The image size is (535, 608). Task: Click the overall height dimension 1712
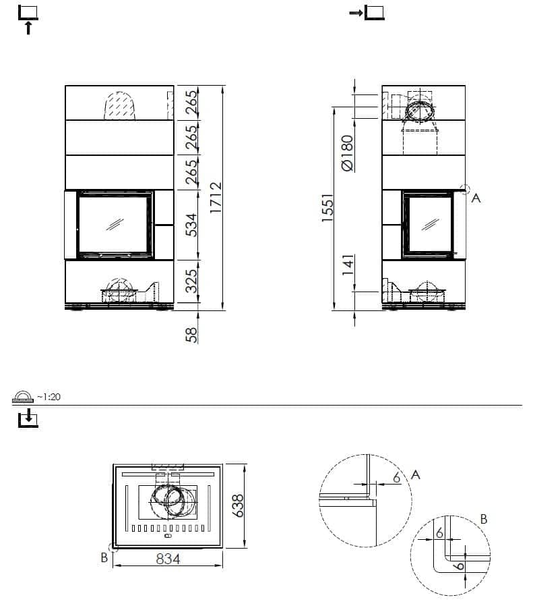pos(216,197)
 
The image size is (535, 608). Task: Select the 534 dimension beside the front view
pos(191,225)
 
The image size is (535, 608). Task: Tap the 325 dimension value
pos(191,281)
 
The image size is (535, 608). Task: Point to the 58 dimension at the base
pos(191,335)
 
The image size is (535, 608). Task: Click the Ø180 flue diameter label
pos(347,153)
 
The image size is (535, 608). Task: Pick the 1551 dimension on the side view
pos(327,208)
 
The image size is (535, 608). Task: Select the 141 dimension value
pos(348,265)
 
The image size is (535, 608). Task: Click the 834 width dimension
pos(168,559)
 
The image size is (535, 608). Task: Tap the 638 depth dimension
pos(237,505)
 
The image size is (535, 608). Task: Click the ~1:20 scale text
pos(49,397)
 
